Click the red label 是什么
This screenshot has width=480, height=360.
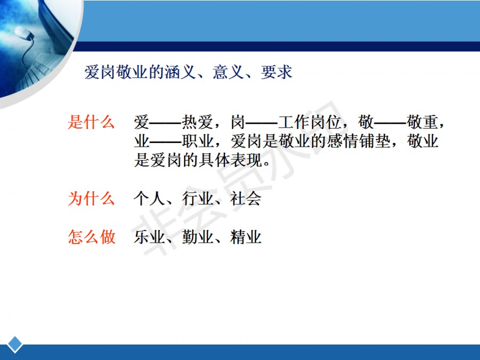pyautogui.click(x=91, y=122)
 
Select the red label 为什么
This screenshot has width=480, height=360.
pyautogui.click(x=91, y=198)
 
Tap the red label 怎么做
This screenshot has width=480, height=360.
pyautogui.click(x=92, y=237)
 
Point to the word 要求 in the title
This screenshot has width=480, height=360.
pyautogui.click(x=277, y=72)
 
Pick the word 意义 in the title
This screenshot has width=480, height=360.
pyautogui.click(x=228, y=72)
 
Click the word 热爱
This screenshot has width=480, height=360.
pyautogui.click(x=197, y=122)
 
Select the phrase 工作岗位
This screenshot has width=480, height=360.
pyautogui.click(x=309, y=122)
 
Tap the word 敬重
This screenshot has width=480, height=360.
pyautogui.click(x=422, y=122)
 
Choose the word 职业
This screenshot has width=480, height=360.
pyautogui.click(x=197, y=141)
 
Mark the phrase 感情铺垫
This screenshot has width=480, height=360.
pyautogui.click(x=359, y=141)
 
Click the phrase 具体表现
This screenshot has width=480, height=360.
pyautogui.click(x=230, y=160)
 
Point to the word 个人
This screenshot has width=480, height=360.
pyautogui.click(x=149, y=198)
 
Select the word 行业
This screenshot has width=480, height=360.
pyautogui.click(x=197, y=198)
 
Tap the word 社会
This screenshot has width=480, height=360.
pyautogui.click(x=246, y=198)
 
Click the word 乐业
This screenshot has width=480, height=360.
pyautogui.click(x=149, y=237)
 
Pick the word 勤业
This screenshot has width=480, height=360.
pyautogui.click(x=197, y=237)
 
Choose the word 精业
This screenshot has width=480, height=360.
pyautogui.click(x=246, y=237)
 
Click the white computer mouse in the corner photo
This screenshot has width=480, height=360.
pyautogui.click(x=23, y=33)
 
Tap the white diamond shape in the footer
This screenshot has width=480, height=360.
pyautogui.click(x=15, y=345)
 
